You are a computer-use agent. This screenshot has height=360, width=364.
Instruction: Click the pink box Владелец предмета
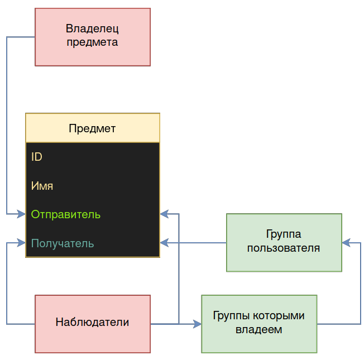point(93,37)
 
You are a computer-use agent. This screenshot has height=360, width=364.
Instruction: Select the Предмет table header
point(93,128)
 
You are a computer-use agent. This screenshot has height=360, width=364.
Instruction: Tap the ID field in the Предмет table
point(37,157)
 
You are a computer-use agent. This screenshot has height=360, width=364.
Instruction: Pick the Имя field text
point(42,186)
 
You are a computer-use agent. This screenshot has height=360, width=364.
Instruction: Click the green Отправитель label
point(66,214)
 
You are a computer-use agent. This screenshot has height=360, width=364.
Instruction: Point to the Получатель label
point(63,243)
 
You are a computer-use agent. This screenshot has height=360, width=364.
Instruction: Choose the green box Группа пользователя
point(284,242)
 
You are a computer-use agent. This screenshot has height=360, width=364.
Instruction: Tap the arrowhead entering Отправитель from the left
point(22,214)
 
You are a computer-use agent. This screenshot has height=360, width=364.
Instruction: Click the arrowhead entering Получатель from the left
point(22,243)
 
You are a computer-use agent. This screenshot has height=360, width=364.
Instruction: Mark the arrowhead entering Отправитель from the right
point(164,214)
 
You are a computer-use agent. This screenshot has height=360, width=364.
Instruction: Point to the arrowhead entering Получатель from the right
point(164,243)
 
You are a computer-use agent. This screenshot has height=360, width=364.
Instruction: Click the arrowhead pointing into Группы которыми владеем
point(198,324)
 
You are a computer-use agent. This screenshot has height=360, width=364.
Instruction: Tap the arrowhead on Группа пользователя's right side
point(346,243)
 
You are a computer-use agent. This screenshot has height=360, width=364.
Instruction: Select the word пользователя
point(284,248)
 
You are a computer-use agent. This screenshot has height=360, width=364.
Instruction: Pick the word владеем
point(259,330)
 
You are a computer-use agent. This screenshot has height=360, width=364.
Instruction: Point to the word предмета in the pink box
point(92,42)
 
